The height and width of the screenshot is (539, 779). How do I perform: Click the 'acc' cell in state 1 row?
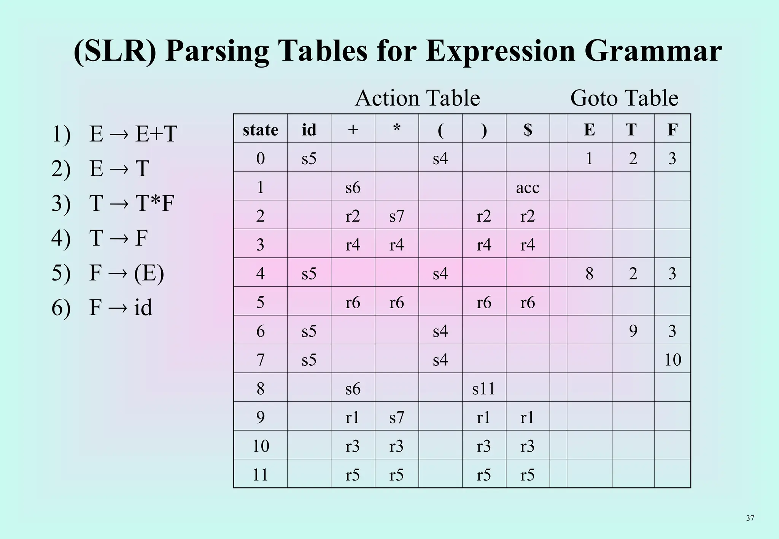pos(528,187)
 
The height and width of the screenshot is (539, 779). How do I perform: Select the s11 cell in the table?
pos(483,388)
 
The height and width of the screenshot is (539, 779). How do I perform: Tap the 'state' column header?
pos(261,130)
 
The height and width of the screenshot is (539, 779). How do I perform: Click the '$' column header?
pos(528,130)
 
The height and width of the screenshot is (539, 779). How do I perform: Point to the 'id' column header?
pos(309,130)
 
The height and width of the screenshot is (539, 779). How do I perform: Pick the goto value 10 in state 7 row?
pos(672,360)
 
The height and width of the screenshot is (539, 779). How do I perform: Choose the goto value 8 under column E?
pos(589,273)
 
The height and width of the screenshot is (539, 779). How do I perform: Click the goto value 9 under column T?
pos(633,331)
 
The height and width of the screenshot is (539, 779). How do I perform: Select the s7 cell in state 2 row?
pos(396,216)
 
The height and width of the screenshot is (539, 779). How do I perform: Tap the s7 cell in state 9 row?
pos(396,417)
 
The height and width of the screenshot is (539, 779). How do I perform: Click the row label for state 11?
pos(261,475)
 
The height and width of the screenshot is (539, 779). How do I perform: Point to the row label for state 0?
pos(261,158)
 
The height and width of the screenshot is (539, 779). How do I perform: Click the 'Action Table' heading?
pos(417,98)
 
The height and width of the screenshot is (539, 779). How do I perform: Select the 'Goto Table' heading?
pos(624,98)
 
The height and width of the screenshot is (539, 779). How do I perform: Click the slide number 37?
pos(750,518)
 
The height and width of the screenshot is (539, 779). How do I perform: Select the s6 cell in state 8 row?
pos(353,388)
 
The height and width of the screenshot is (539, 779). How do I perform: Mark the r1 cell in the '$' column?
pos(528,417)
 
